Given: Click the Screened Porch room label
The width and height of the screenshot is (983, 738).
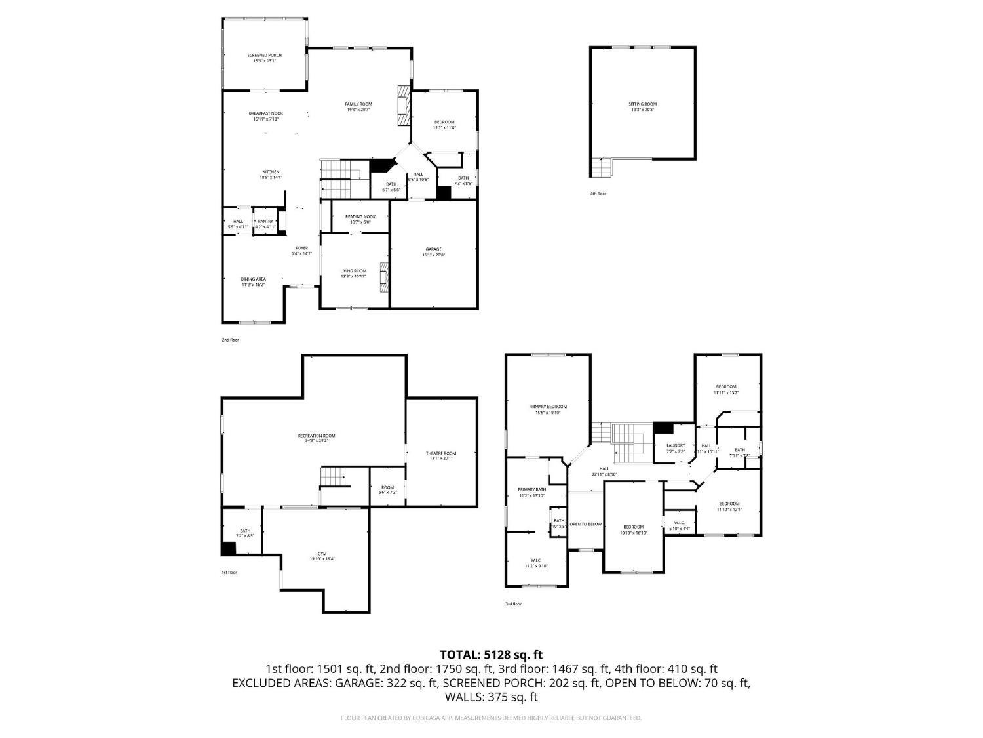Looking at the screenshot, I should click(264, 58).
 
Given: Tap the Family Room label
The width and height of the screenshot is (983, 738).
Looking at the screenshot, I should click(358, 107).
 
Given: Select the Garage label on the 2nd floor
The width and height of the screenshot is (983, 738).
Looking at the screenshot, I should click(434, 252).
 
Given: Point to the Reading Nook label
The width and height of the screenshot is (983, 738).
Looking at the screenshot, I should click(360, 219).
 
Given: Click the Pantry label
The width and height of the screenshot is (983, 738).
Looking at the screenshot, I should click(265, 224).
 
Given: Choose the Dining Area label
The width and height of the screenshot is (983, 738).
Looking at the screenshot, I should click(253, 282).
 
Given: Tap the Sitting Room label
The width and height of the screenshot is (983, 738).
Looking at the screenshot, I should click(642, 107).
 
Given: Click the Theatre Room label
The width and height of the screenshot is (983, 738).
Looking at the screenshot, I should click(440, 456).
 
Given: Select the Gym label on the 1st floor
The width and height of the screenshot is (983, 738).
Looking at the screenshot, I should click(322, 556).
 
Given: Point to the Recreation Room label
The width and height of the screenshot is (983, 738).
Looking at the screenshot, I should click(317, 438).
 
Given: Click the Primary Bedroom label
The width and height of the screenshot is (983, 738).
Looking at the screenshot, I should click(548, 409).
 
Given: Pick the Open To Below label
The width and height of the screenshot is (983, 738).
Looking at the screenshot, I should click(585, 524).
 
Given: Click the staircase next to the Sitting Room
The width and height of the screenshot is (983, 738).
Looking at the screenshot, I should click(600, 168).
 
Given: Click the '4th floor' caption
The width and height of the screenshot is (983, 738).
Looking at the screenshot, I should click(598, 194).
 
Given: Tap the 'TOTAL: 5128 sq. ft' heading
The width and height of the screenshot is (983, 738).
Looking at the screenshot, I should click(491, 655).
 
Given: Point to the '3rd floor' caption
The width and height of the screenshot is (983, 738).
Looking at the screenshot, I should click(513, 604).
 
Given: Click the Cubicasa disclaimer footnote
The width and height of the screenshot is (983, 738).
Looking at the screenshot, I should click(491, 718).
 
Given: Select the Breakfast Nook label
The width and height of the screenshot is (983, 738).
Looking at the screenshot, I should click(265, 116).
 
